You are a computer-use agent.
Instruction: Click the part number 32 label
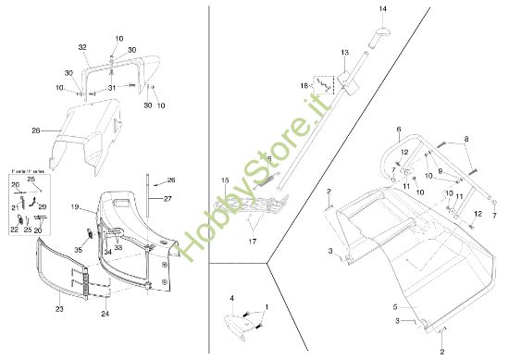point(82,47)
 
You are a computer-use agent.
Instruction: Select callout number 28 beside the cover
point(36,131)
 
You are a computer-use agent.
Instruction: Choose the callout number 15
point(224,180)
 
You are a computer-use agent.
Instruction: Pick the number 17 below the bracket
point(251,241)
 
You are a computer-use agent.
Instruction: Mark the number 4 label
point(232,298)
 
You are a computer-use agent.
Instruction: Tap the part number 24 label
point(105,315)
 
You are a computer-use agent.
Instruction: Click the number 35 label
point(78,250)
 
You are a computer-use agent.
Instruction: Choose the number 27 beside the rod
point(168,198)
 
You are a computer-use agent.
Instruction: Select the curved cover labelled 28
point(88,137)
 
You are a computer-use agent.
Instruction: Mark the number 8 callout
point(466,138)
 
